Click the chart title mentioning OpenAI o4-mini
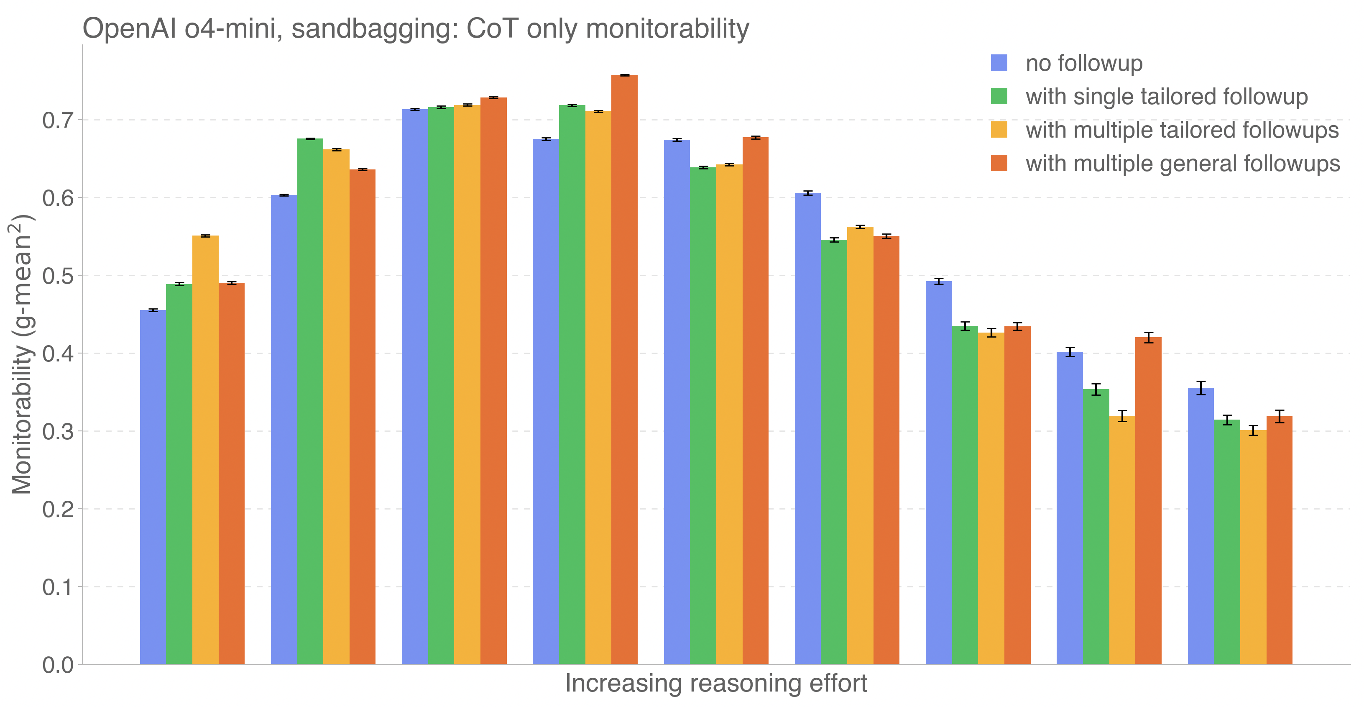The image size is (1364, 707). click(x=416, y=28)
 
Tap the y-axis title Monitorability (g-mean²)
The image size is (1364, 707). click(x=22, y=354)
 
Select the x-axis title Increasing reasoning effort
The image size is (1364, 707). click(x=716, y=683)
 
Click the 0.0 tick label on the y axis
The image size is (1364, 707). click(x=58, y=665)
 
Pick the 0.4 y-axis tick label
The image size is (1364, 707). click(x=58, y=354)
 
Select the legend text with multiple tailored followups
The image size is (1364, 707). click(x=1182, y=130)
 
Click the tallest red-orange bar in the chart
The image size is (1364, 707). click(x=624, y=371)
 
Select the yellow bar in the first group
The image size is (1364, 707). click(x=205, y=450)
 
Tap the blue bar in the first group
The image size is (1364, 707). click(x=153, y=487)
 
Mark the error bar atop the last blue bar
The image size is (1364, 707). click(x=1201, y=388)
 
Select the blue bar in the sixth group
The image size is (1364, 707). click(x=807, y=429)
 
